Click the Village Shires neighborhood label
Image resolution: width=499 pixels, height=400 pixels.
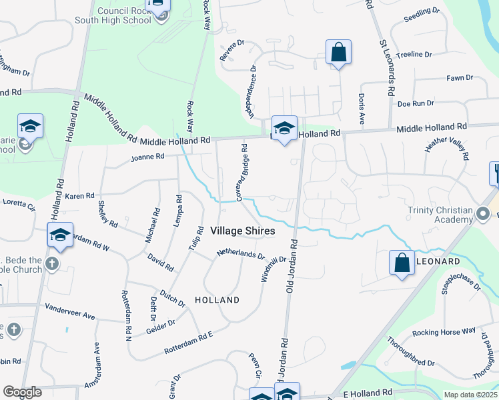[242, 231]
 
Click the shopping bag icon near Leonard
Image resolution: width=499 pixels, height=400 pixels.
[402, 262]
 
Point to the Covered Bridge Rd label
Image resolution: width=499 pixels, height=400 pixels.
[241, 173]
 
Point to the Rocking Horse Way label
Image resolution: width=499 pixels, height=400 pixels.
[444, 331]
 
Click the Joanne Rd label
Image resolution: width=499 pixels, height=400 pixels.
[147, 157]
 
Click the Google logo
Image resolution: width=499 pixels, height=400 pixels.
[22, 391]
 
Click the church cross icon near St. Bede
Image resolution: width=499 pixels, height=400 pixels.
[52, 264]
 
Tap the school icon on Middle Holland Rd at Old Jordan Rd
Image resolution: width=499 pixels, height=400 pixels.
[284, 128]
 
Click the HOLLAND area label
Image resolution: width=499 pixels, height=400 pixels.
[217, 300]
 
